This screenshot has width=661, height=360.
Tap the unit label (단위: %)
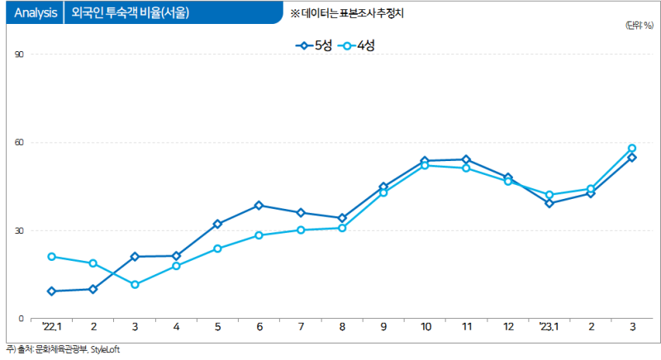[x=639, y=26]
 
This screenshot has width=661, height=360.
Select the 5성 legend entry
[x=314, y=46]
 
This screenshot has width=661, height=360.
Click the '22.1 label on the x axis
[x=52, y=328]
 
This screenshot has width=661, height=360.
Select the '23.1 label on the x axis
[x=549, y=328]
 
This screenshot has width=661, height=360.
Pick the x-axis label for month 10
[x=425, y=328]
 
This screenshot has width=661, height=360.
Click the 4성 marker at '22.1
[x=52, y=257]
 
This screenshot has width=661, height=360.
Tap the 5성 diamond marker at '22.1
[x=52, y=291]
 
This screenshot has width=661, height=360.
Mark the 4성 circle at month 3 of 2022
[x=135, y=285]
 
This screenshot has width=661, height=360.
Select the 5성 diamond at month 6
[x=259, y=206]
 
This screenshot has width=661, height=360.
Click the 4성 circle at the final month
[x=632, y=149]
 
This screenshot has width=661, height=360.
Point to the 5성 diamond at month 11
[x=466, y=159]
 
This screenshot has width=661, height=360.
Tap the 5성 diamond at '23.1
[x=549, y=203]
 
